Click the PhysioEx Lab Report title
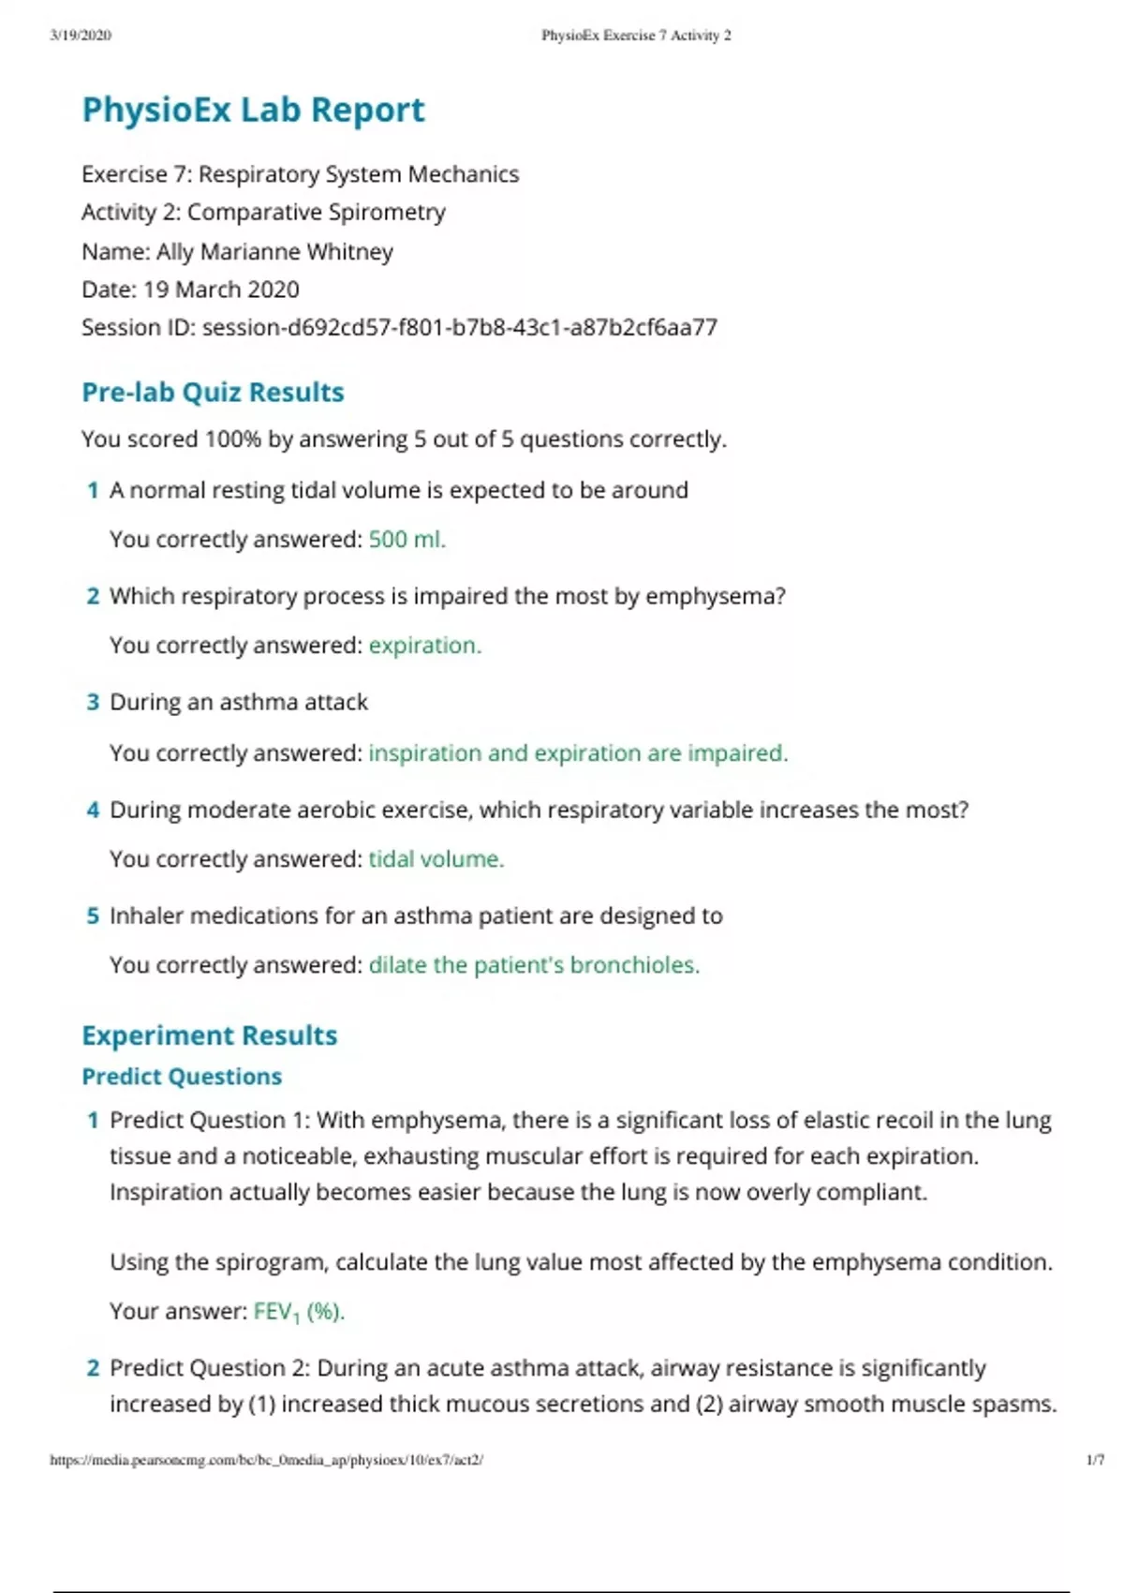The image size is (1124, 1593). [x=253, y=110]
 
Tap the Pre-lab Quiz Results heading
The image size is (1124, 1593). [x=213, y=392]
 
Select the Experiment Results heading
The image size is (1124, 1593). [x=209, y=1035]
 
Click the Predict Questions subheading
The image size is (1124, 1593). [x=182, y=1076]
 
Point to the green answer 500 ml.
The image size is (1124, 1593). [x=407, y=539]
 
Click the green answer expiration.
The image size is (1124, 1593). [x=424, y=645]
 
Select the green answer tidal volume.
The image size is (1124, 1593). [x=436, y=858]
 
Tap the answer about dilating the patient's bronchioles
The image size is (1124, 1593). [x=534, y=964]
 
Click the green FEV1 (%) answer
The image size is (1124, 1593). [x=299, y=1311]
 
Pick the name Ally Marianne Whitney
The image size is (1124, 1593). [x=274, y=251]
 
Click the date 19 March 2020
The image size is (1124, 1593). [x=221, y=289]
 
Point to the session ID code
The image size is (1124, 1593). [x=460, y=327]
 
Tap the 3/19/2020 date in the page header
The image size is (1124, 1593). [x=81, y=36]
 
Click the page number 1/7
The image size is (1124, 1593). [x=1094, y=1459]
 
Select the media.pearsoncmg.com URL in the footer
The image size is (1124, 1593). [x=266, y=1459]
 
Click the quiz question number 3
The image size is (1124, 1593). [x=93, y=702]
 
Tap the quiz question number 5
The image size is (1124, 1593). [x=93, y=916]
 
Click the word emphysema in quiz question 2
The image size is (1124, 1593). [x=715, y=596]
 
